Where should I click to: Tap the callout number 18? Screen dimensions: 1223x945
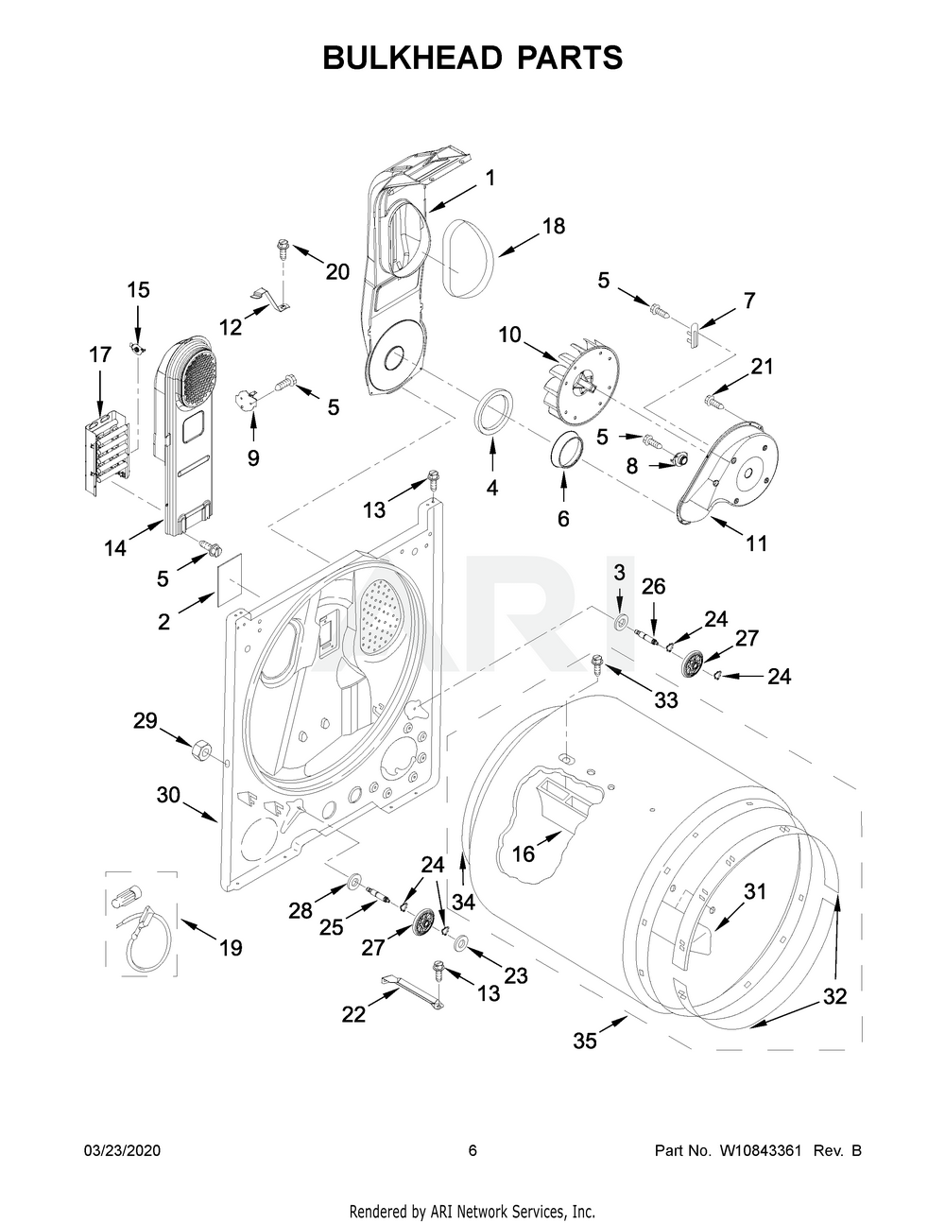pos(553,226)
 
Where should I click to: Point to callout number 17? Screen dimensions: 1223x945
pos(100,355)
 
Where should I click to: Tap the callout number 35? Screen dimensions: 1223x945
pos(585,1041)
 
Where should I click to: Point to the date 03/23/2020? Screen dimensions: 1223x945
pos(123,1150)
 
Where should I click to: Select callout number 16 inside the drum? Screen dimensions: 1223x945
pos(523,853)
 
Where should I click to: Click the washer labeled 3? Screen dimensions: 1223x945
pos(620,621)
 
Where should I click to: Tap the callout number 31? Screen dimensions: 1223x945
pos(755,890)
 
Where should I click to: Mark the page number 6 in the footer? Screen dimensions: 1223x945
pos(472,1150)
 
